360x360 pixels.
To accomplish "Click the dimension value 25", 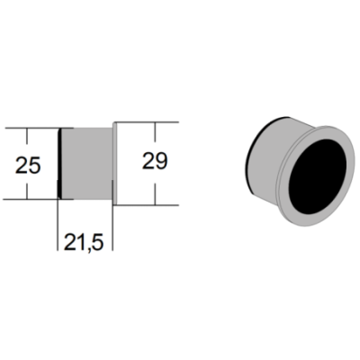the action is point(28,166).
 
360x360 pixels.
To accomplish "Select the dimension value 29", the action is point(155,161).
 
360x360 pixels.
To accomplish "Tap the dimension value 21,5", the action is point(84,242).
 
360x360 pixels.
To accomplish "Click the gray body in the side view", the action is point(86,164).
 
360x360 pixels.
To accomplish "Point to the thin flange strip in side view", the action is point(114,164).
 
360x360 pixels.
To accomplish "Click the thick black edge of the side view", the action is point(59,164).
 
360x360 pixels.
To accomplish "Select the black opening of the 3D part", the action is point(318,176).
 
